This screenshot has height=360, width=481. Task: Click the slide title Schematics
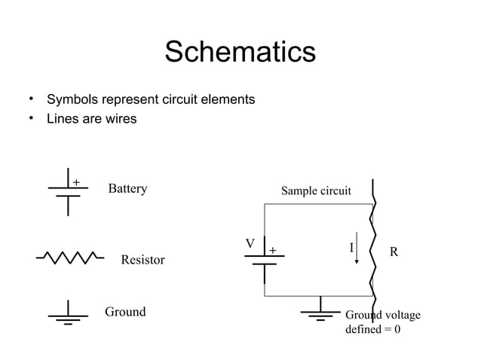[x=240, y=53]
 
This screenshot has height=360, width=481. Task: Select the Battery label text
[x=127, y=188]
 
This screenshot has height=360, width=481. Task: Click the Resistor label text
[x=142, y=260]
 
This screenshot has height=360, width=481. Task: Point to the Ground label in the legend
[x=125, y=312]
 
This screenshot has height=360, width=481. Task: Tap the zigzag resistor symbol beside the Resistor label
[x=69, y=258]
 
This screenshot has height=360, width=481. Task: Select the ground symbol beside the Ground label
[x=68, y=313]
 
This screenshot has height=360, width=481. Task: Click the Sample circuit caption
[x=316, y=191]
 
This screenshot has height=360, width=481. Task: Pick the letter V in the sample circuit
[x=250, y=244]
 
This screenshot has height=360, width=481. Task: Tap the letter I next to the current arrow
[x=351, y=248]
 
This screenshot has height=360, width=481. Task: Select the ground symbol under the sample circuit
[x=320, y=310]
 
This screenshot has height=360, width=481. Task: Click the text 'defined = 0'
[x=372, y=329]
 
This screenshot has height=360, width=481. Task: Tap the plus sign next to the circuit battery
[x=272, y=249]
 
